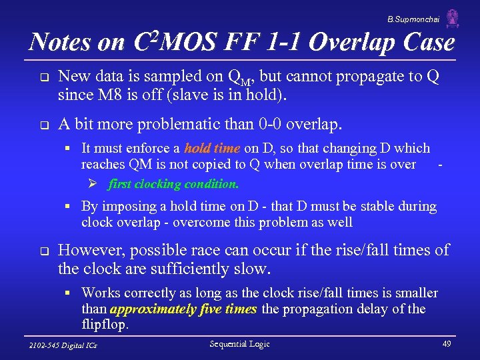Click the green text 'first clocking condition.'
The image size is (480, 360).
click(x=173, y=183)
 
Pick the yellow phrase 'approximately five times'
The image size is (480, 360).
click(x=184, y=309)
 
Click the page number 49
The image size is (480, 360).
click(x=446, y=344)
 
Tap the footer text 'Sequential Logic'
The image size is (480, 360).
click(x=239, y=344)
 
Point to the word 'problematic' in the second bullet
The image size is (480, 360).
click(x=168, y=124)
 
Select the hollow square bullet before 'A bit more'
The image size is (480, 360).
click(x=41, y=125)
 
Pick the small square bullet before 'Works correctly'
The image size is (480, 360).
click(x=69, y=293)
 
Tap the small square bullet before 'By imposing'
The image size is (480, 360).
click(x=69, y=207)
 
